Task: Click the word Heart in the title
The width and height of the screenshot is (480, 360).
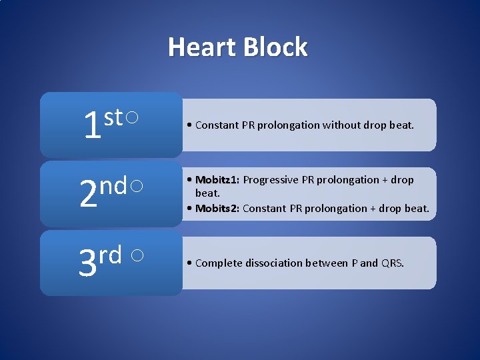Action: pyautogui.click(x=201, y=47)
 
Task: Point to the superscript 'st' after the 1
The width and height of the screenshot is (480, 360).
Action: pyautogui.click(x=113, y=118)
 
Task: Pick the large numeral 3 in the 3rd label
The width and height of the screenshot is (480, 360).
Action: pyautogui.click(x=87, y=264)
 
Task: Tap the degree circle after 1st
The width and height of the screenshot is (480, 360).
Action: pyautogui.click(x=132, y=118)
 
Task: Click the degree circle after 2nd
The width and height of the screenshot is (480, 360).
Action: pyautogui.click(x=135, y=187)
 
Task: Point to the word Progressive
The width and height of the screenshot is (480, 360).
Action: pyautogui.click(x=271, y=180)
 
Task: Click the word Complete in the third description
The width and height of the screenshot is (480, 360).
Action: pyautogui.click(x=218, y=263)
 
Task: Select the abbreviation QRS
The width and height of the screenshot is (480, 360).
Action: pyautogui.click(x=391, y=263)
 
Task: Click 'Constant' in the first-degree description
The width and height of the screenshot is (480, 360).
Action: pyautogui.click(x=217, y=125)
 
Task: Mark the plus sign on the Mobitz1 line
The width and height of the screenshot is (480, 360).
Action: pyautogui.click(x=385, y=180)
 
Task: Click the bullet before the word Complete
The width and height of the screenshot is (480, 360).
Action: pyautogui.click(x=190, y=263)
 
